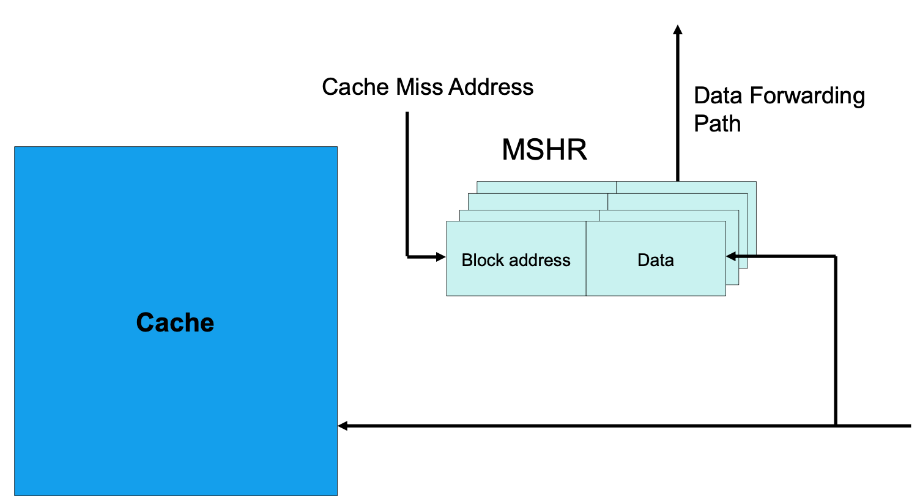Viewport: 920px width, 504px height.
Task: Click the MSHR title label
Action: pos(544,150)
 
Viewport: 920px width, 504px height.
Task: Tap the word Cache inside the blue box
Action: pos(175,322)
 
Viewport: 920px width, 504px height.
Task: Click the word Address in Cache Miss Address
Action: pos(491,87)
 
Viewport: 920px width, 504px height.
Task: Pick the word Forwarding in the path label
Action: pos(807,96)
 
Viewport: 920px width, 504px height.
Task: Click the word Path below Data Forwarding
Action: pos(717,124)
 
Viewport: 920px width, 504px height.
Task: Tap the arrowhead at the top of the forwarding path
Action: pos(678,29)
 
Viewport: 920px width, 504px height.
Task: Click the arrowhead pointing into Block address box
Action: pos(440,257)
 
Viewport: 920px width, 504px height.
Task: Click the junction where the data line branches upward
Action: pos(836,426)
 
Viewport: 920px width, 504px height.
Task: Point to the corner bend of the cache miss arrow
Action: pos(407,257)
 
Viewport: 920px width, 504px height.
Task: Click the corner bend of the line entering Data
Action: pos(836,257)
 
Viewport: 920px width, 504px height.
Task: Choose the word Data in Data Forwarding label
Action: pos(718,96)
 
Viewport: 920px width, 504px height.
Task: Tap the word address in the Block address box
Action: pos(541,260)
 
